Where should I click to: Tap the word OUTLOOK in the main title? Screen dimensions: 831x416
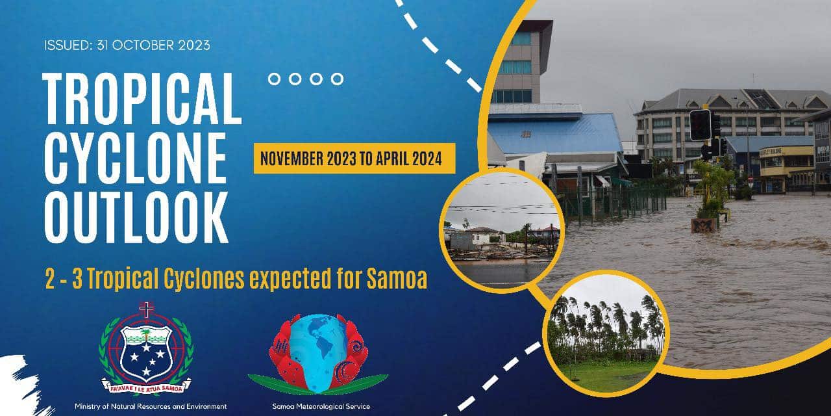point(136,218)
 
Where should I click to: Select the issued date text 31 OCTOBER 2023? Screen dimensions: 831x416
point(153,45)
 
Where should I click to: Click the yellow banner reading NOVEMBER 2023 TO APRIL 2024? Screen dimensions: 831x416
point(354,158)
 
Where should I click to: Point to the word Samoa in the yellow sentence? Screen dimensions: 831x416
point(397,279)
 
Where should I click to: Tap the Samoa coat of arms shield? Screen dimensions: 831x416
point(147,353)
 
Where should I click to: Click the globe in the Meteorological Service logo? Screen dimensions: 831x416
point(318,353)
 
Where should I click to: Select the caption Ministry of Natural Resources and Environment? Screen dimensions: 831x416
point(151,406)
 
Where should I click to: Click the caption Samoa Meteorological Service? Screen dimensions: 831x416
point(321,406)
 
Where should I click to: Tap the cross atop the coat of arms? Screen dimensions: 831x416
point(147,309)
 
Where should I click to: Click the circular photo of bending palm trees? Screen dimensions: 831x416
point(606,333)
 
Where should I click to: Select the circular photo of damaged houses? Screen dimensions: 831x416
point(502,231)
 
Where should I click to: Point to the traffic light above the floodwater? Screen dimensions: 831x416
point(701,125)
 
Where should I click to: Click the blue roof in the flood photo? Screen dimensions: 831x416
point(554,134)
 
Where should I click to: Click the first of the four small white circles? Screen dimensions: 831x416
point(274,79)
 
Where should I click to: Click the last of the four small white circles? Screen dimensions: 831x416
point(337,79)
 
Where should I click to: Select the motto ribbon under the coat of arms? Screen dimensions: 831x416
point(147,387)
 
